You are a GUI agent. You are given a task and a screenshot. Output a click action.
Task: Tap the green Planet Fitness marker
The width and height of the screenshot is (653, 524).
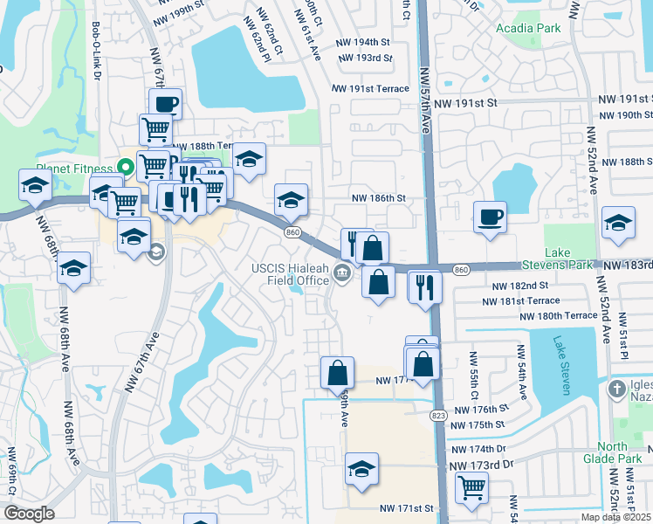(x=125, y=166)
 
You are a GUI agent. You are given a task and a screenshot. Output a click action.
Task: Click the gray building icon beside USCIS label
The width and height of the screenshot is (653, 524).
(x=342, y=276)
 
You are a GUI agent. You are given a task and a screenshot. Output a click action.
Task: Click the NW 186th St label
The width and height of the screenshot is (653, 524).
(x=379, y=198)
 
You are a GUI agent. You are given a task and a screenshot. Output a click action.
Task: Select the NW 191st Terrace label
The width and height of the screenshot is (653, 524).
(x=370, y=89)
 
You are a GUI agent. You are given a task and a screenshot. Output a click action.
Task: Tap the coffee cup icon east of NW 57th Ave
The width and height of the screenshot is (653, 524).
(x=490, y=215)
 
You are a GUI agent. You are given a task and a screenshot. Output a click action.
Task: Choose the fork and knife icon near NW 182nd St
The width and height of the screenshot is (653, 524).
(x=425, y=286)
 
